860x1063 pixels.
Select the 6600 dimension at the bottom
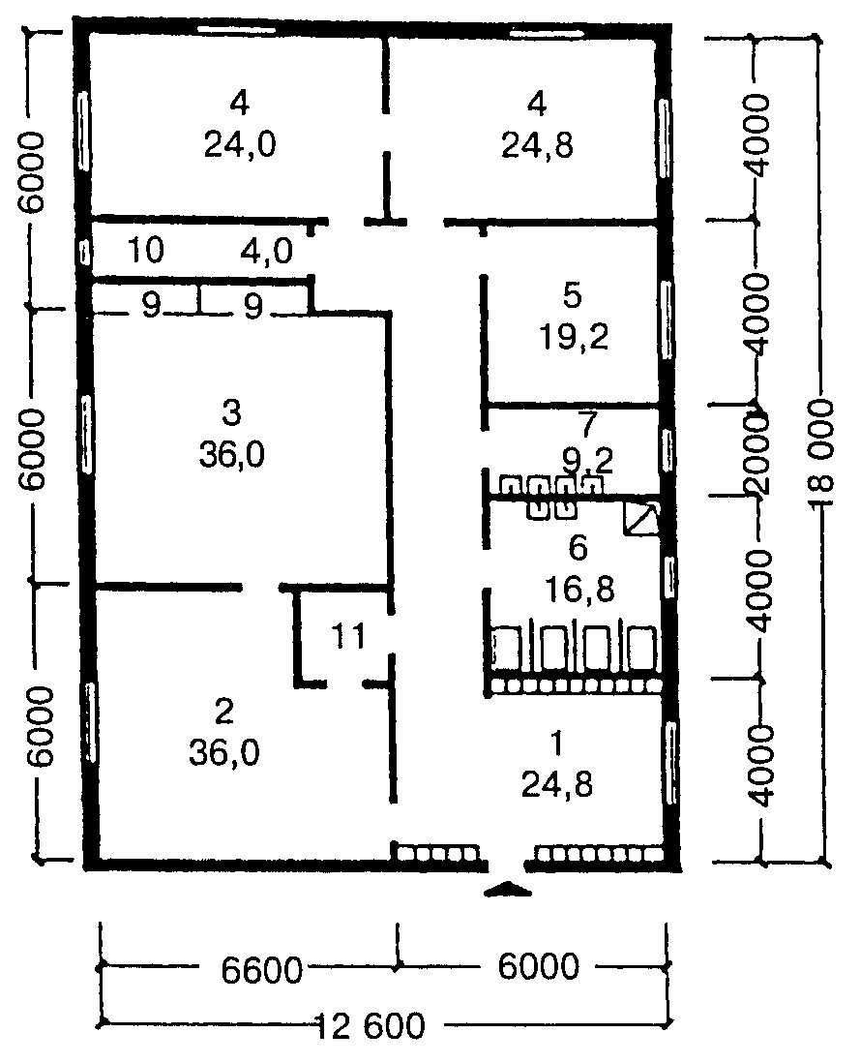pos(261,969)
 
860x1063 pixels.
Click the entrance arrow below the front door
pos(509,890)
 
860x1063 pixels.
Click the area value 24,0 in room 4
pos(240,144)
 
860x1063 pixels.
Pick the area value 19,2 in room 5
pos(574,336)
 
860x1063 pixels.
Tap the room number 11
pos(348,636)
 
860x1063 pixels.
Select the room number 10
pos(145,250)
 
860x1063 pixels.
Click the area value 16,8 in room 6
pos(579,590)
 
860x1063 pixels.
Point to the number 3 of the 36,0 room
pos(231,412)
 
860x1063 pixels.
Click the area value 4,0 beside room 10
pos(267,252)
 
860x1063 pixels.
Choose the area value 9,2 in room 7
pos(588,462)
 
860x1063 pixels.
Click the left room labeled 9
pos(151,306)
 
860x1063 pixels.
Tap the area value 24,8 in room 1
pos(556,785)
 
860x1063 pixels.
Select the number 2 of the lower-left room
pos(223,712)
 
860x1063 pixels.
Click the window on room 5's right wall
pos(667,319)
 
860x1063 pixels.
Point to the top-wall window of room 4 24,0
pos(236,29)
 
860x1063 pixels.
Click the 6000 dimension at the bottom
pos(538,966)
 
